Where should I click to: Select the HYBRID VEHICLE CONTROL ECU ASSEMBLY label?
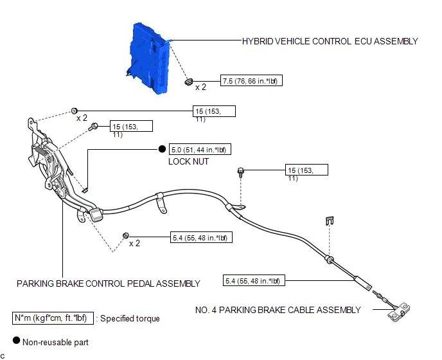click(330, 41)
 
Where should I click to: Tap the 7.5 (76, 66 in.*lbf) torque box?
click(251, 81)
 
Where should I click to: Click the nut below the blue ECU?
click(189, 82)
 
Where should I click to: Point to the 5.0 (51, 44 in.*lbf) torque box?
click(200, 149)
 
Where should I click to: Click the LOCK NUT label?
click(189, 161)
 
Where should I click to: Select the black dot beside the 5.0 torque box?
click(162, 148)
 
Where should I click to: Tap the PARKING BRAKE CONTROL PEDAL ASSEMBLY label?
click(108, 283)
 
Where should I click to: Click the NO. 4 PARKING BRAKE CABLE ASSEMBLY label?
click(278, 310)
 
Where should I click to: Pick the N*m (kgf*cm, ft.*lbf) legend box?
click(53, 318)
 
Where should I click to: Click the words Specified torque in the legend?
click(130, 318)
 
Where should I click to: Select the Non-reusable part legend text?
click(55, 342)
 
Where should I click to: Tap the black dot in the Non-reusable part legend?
click(16, 340)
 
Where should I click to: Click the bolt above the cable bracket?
click(241, 172)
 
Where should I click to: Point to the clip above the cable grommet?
click(330, 221)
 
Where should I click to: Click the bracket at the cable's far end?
click(398, 312)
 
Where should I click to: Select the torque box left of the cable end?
click(254, 280)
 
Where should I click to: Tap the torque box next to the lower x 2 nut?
click(201, 238)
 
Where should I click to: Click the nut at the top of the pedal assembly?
click(74, 111)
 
